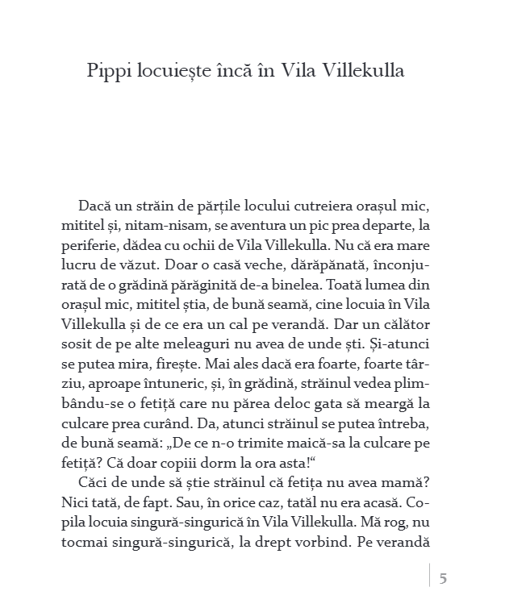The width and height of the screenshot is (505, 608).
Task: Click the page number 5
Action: (443, 577)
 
